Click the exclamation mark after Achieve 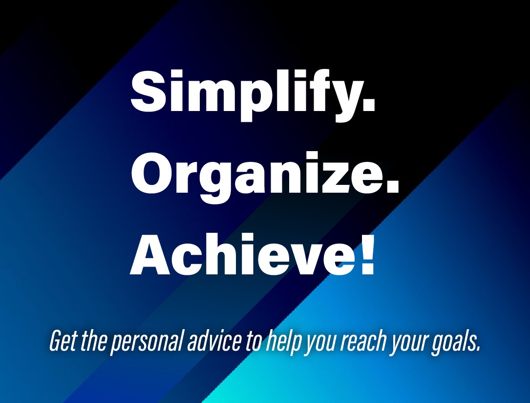pos(368,254)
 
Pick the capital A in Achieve pos(150,254)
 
